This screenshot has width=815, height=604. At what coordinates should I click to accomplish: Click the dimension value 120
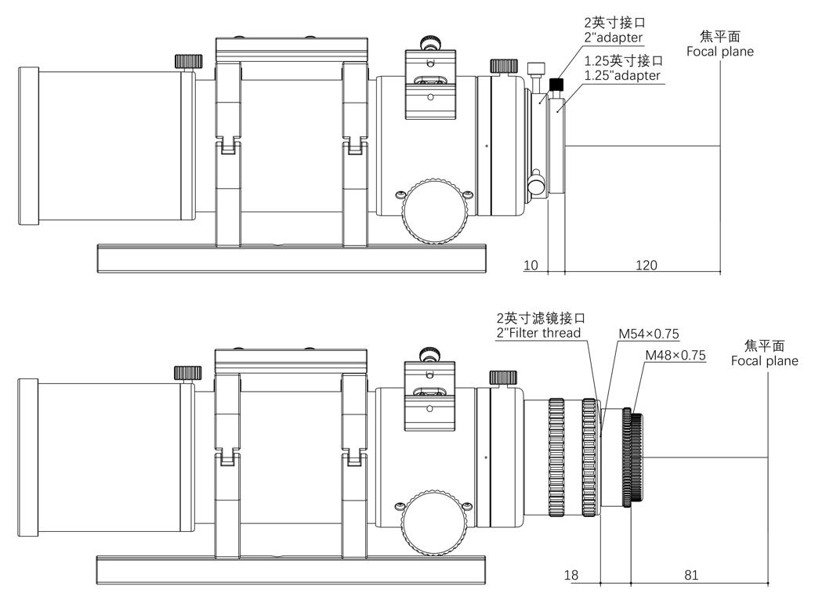click(646, 265)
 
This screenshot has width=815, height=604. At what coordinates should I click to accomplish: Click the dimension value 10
click(531, 265)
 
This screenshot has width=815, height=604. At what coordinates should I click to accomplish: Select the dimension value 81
click(691, 575)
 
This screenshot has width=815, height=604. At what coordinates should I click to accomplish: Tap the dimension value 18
click(571, 575)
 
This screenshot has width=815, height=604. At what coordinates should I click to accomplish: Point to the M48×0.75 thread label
click(675, 355)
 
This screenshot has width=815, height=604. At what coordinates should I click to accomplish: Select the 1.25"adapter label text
click(622, 75)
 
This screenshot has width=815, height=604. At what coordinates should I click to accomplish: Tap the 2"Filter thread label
click(539, 333)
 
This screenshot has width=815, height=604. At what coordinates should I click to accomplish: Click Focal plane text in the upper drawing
click(719, 52)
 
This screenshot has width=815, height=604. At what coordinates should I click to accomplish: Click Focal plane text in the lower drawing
click(764, 360)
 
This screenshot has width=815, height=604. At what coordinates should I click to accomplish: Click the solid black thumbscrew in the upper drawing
click(558, 84)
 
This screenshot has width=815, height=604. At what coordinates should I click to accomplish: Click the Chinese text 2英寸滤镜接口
click(541, 318)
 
